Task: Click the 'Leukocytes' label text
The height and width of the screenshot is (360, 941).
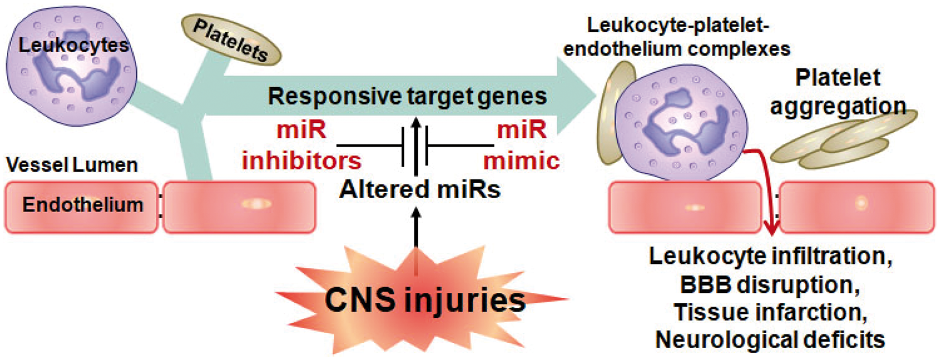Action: (74, 45)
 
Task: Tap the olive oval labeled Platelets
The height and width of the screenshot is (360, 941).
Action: (231, 40)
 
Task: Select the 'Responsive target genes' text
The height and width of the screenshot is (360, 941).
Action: (408, 96)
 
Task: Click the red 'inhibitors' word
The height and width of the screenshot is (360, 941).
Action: (302, 161)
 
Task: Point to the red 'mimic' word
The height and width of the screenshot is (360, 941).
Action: (521, 161)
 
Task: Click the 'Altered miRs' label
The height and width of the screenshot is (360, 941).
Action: (420, 189)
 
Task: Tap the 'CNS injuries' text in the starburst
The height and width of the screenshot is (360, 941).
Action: (425, 300)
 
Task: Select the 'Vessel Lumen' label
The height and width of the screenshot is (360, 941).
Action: (72, 165)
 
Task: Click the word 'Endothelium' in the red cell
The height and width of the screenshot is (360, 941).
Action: (83, 205)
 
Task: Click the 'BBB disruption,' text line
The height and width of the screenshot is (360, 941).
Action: (770, 284)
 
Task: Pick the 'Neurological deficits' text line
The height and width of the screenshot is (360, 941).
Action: (770, 339)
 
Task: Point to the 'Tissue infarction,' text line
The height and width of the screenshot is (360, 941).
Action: (771, 312)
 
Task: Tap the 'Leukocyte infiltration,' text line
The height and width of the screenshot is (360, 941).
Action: (771, 256)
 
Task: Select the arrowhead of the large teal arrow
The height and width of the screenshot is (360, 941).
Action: (576, 96)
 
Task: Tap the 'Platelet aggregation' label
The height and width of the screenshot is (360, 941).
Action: (837, 92)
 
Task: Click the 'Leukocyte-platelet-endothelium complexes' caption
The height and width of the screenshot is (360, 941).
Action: (677, 38)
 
